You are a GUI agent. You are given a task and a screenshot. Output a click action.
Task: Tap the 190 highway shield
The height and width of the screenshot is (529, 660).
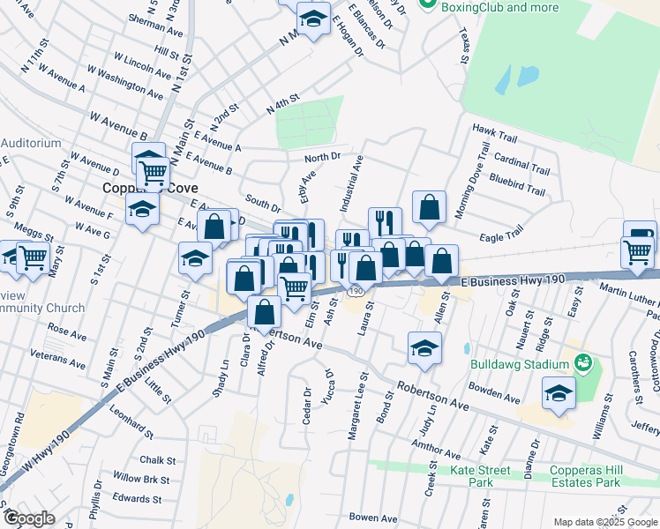point(356,290)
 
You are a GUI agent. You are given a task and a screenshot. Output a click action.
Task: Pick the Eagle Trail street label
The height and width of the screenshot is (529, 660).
point(501,231)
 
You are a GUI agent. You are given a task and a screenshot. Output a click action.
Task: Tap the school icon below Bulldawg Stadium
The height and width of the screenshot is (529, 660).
point(559,393)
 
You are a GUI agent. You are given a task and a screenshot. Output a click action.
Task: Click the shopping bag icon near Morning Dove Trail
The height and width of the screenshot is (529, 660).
point(429,207)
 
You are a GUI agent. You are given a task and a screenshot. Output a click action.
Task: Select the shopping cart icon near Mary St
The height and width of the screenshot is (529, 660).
point(33,257)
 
